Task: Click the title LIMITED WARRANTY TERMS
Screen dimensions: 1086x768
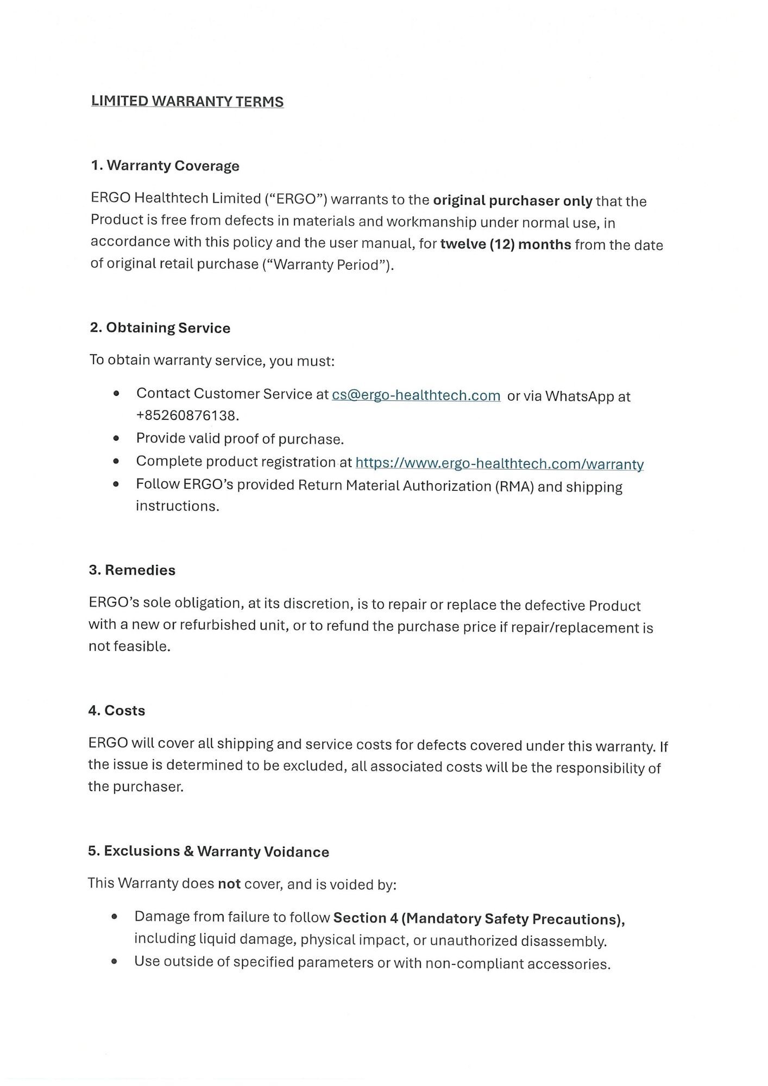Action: pyautogui.click(x=187, y=102)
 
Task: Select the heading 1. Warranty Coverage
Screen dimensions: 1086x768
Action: pyautogui.click(x=165, y=166)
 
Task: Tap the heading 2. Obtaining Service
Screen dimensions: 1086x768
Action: pyautogui.click(x=160, y=328)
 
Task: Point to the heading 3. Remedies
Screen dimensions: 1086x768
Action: pyautogui.click(x=133, y=570)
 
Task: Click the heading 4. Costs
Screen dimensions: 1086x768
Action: pyautogui.click(x=117, y=711)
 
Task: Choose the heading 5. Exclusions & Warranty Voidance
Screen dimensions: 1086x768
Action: pyautogui.click(x=209, y=851)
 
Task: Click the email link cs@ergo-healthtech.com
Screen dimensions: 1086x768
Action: pyautogui.click(x=416, y=395)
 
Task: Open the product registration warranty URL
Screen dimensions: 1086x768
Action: pyautogui.click(x=499, y=464)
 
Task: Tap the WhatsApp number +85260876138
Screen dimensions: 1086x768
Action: pyautogui.click(x=187, y=416)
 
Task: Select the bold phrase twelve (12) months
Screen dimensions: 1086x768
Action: pyautogui.click(x=506, y=244)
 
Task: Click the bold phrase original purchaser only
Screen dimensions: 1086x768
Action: pyautogui.click(x=512, y=201)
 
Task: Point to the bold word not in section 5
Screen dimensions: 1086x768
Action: pyautogui.click(x=229, y=884)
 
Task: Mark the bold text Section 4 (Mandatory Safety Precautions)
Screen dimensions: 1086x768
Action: pyautogui.click(x=479, y=919)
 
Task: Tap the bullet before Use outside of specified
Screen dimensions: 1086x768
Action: pyautogui.click(x=114, y=962)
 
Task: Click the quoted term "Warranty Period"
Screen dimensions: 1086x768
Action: pyautogui.click(x=326, y=265)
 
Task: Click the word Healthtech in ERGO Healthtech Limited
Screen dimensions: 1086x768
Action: pyautogui.click(x=171, y=199)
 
